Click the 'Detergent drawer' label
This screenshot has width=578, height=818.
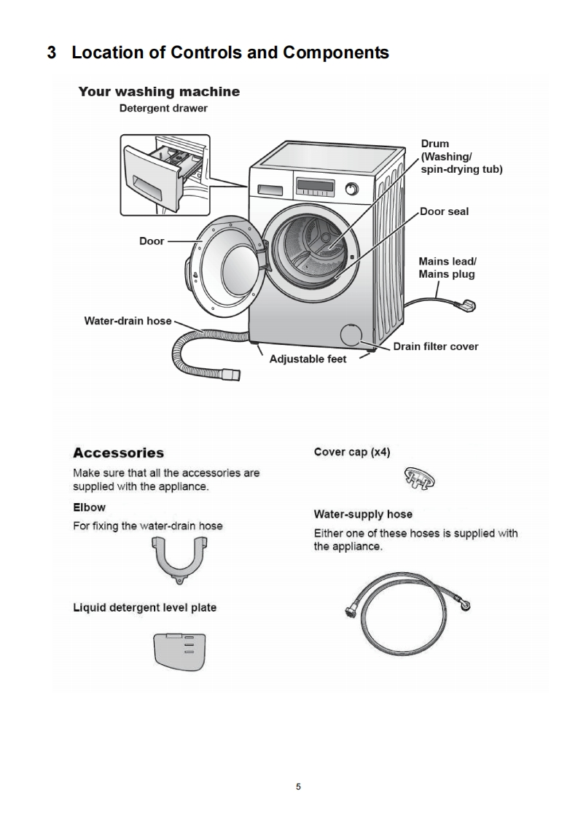tap(163, 109)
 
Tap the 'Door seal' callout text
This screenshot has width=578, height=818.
tap(444, 211)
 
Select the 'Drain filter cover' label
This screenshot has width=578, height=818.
tap(435, 346)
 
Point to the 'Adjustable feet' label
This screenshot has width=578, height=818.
tap(308, 359)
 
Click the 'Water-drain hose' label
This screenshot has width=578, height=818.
tap(128, 320)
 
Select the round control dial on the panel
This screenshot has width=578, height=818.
tap(352, 189)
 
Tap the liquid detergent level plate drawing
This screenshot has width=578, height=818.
tap(179, 650)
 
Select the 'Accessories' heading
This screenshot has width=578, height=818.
tap(118, 453)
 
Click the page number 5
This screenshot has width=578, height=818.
tap(298, 787)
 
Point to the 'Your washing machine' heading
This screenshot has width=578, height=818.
tap(158, 92)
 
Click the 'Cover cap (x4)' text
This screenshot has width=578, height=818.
tap(351, 452)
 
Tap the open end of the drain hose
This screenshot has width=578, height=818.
tap(232, 374)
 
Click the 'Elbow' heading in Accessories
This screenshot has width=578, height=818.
tap(89, 507)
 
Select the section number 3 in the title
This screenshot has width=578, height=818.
tap(52, 53)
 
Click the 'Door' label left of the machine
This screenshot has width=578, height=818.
tap(152, 241)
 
